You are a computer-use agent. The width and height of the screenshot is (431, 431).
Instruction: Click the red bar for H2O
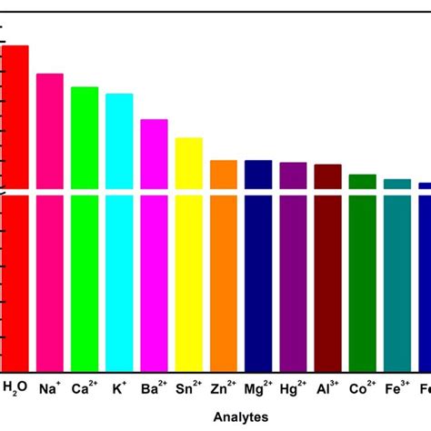tap(15, 209)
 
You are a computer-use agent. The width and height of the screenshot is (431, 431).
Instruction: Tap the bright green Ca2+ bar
tap(85, 227)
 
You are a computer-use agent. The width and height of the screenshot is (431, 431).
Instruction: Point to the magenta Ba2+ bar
tap(154, 246)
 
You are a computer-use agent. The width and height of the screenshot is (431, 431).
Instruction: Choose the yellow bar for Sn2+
tap(188, 255)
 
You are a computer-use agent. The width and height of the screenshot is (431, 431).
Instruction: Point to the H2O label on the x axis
tap(15, 387)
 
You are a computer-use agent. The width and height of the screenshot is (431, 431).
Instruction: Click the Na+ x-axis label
tap(50, 386)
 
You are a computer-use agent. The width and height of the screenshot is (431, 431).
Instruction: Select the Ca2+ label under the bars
tap(85, 386)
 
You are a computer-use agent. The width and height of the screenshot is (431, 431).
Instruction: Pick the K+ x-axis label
tap(119, 386)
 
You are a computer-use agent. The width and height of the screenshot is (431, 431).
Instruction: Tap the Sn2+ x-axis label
tap(188, 386)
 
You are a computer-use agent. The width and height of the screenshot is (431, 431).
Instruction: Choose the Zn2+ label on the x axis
tap(224, 386)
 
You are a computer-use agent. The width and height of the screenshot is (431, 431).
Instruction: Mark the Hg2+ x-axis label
tap(293, 386)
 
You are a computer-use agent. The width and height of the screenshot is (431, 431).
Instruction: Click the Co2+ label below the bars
tap(362, 386)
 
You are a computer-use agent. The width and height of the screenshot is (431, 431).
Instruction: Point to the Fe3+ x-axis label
tap(396, 386)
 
